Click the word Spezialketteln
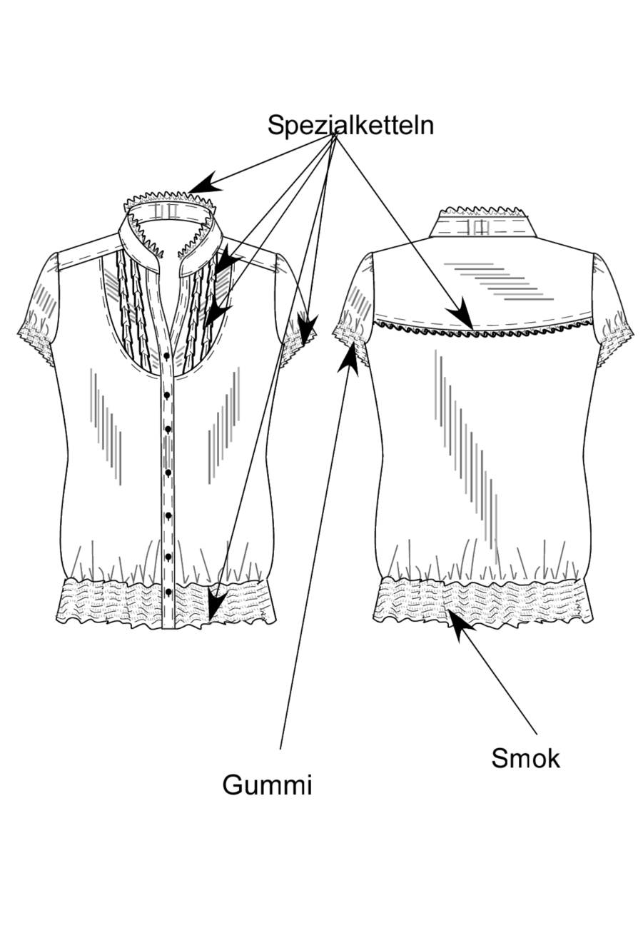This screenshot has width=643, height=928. pyautogui.click(x=350, y=126)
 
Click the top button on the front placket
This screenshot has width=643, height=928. pyautogui.click(x=166, y=355)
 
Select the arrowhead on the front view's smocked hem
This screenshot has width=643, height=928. pyautogui.click(x=216, y=607)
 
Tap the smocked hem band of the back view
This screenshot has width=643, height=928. pyautogui.click(x=484, y=602)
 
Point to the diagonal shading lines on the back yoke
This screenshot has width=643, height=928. pyautogui.click(x=498, y=280)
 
